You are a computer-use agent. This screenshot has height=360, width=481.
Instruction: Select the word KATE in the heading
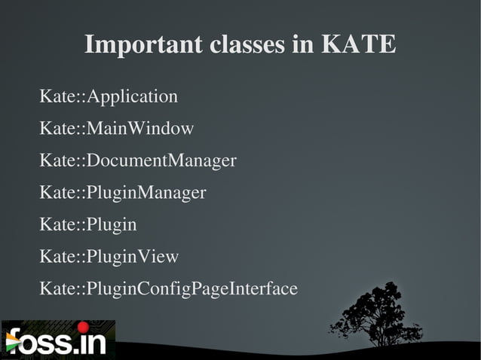coord(359,44)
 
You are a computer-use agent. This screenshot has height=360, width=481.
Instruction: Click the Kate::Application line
coord(109,97)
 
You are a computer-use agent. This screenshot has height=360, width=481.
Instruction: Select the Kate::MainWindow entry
coord(116,129)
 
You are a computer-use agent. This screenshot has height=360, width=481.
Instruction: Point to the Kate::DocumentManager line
coord(138,161)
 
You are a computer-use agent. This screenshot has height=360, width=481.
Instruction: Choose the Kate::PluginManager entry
coord(122,193)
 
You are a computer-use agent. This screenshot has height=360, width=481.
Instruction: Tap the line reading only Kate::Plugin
coord(88,225)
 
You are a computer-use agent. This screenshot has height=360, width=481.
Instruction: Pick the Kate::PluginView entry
coord(109,257)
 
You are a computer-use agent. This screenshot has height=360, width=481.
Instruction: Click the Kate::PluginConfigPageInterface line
coord(168,289)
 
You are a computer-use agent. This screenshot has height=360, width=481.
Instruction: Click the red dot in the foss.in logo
coord(83,327)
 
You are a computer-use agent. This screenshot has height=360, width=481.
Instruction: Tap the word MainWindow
coord(140,129)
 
